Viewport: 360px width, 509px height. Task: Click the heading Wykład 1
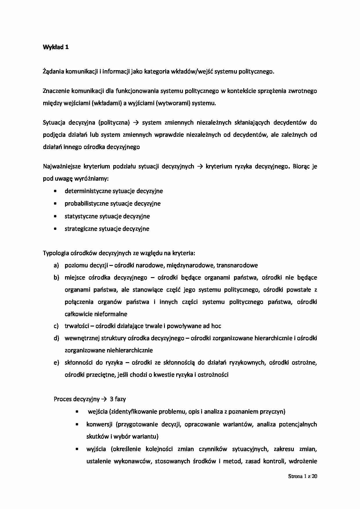56,47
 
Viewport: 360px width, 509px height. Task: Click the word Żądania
53,71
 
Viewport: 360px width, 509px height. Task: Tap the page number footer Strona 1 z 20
303,476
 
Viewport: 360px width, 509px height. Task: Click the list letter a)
56,265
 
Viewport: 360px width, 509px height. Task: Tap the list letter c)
56,326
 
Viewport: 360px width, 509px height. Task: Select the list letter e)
56,362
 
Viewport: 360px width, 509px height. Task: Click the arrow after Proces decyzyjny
104,399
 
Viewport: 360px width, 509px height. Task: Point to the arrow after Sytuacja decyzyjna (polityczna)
136,122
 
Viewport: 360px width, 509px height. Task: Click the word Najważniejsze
62,167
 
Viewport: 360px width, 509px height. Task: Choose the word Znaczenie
56,91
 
